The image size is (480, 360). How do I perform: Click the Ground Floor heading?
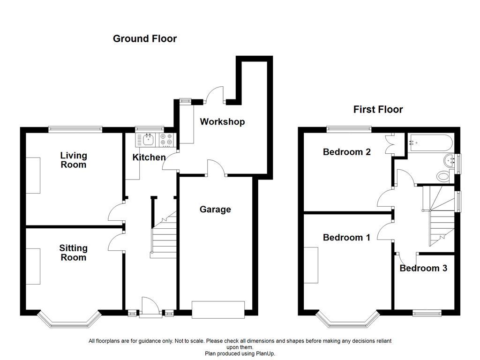click(x=144, y=38)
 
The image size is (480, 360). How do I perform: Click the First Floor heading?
click(x=378, y=109)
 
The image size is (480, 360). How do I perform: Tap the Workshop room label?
click(x=222, y=122)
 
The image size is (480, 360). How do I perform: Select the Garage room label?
click(x=215, y=209)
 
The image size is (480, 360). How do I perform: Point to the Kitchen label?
click(x=149, y=157)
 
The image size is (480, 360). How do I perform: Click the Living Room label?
click(x=74, y=160)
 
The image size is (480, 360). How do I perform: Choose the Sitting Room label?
click(x=73, y=253)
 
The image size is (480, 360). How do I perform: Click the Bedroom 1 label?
click(x=346, y=238)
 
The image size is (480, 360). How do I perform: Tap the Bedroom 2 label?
click(x=346, y=152)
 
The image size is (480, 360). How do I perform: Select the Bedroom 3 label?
click(x=423, y=268)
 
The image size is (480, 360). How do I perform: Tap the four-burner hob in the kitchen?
click(x=167, y=139)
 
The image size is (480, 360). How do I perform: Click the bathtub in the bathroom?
click(x=429, y=141)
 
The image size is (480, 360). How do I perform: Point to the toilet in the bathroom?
click(x=442, y=177)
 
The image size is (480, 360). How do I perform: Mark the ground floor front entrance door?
click(x=150, y=307)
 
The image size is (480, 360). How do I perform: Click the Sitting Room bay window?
click(x=68, y=322)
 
